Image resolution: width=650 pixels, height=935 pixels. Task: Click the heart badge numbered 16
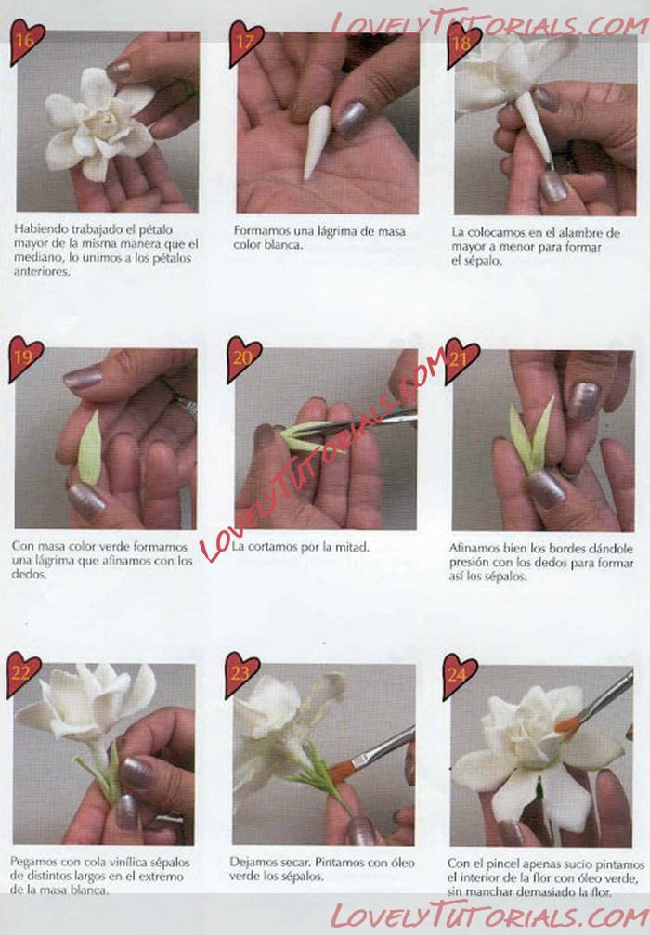click(x=26, y=41)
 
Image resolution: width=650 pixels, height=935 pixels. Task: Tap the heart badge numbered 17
click(x=246, y=43)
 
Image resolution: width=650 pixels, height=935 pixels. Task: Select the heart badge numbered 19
click(x=24, y=357)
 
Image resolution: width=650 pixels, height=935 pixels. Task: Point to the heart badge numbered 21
click(x=461, y=359)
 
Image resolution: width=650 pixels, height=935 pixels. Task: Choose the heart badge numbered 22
click(x=22, y=674)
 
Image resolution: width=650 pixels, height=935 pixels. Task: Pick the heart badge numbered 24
click(x=459, y=676)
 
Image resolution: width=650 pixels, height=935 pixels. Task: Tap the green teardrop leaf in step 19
click(x=89, y=447)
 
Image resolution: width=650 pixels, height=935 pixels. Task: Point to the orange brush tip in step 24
click(x=567, y=724)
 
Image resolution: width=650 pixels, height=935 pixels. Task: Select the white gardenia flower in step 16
click(x=100, y=124)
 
